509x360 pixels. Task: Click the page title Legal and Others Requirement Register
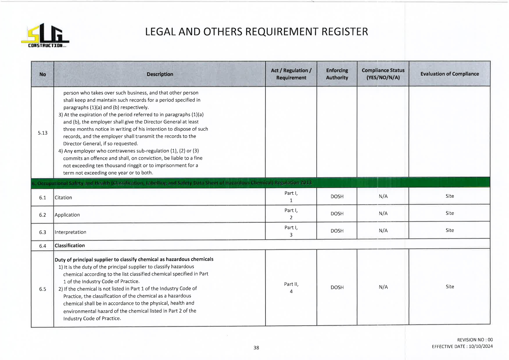click(x=256, y=32)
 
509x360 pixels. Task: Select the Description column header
click(x=160, y=74)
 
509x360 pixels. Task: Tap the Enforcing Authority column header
click(x=337, y=74)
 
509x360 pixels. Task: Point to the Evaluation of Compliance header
click(x=450, y=74)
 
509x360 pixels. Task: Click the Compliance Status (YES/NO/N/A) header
click(x=383, y=74)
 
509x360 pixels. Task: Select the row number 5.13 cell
click(x=43, y=133)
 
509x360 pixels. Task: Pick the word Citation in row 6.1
click(x=63, y=198)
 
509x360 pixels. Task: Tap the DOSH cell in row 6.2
click(x=337, y=214)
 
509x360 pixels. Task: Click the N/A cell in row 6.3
click(x=383, y=231)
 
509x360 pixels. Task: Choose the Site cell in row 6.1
click(x=450, y=196)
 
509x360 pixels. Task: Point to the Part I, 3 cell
click(x=291, y=231)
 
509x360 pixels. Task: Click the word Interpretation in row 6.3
click(x=71, y=232)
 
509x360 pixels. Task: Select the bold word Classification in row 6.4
click(x=70, y=246)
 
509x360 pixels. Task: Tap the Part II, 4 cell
click(x=291, y=288)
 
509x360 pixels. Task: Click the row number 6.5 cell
click(x=43, y=289)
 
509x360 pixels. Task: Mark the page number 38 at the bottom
click(x=256, y=348)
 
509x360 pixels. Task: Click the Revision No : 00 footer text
click(x=475, y=340)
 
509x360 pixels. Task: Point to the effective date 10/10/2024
click(x=481, y=346)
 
